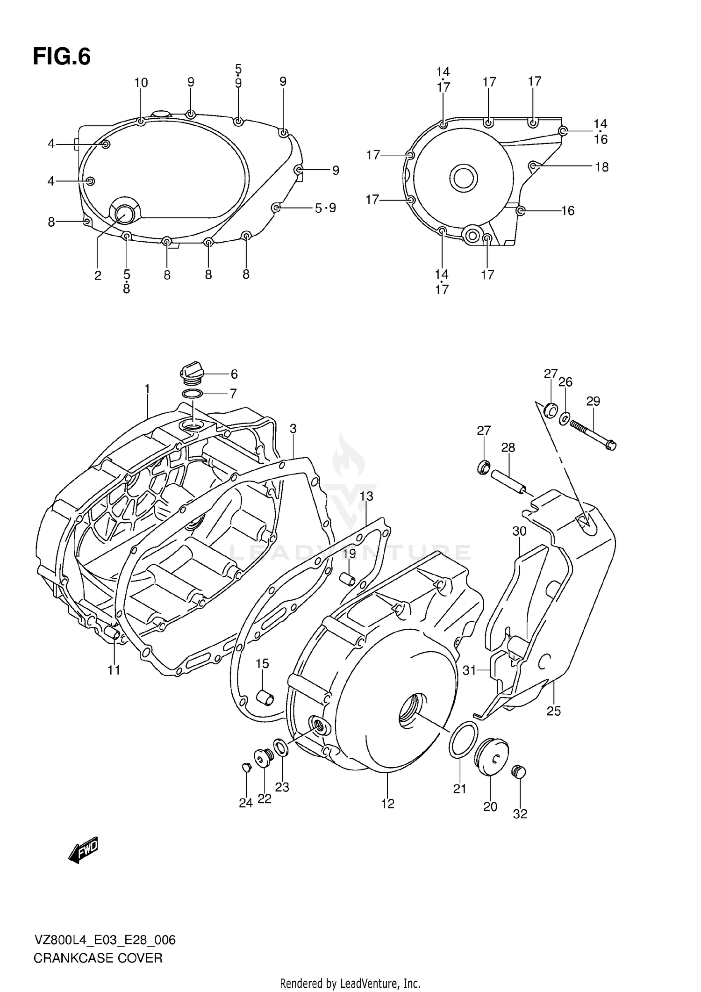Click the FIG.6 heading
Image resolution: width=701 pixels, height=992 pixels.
tap(62, 57)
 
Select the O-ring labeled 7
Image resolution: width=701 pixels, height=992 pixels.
tap(192, 394)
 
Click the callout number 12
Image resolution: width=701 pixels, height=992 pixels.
tap(388, 804)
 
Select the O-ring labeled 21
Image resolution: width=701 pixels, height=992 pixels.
tap(463, 739)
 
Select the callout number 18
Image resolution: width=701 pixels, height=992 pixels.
tap(602, 167)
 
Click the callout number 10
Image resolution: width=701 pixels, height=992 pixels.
tap(141, 83)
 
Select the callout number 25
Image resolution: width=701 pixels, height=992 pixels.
tap(554, 711)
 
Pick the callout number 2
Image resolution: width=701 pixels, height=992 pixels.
tap(98, 276)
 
